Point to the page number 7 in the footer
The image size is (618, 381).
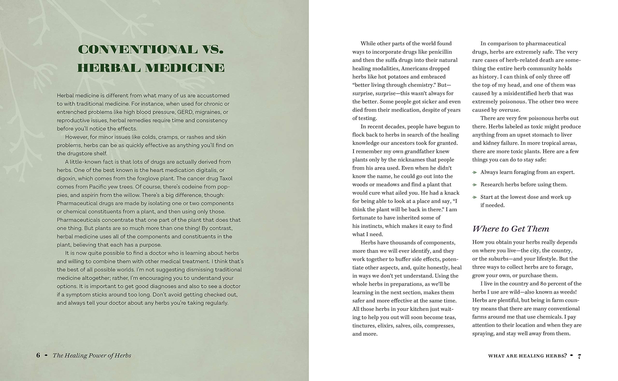[x=579, y=356]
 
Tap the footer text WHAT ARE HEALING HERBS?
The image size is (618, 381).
[x=527, y=356]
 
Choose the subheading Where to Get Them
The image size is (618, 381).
[x=511, y=229]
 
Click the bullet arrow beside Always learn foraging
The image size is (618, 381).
[x=475, y=172]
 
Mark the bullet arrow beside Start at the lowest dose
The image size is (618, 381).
[x=475, y=197]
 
